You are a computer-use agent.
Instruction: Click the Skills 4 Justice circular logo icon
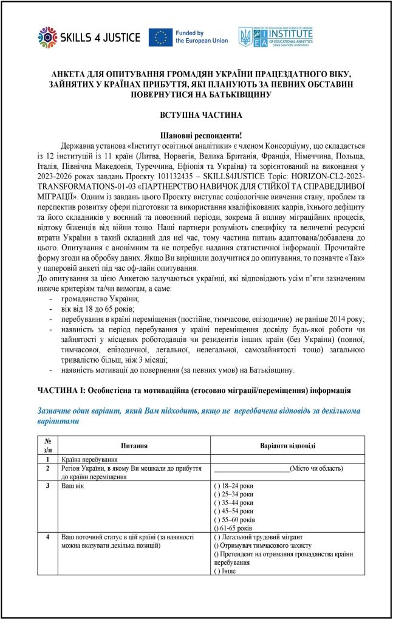[x=47, y=37]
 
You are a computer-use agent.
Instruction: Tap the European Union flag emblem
[x=161, y=37]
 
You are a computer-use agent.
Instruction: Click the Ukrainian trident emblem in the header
[x=246, y=37]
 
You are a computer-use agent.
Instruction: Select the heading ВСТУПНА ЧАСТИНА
[x=196, y=115]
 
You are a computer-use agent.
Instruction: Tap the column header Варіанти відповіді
[x=287, y=445]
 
